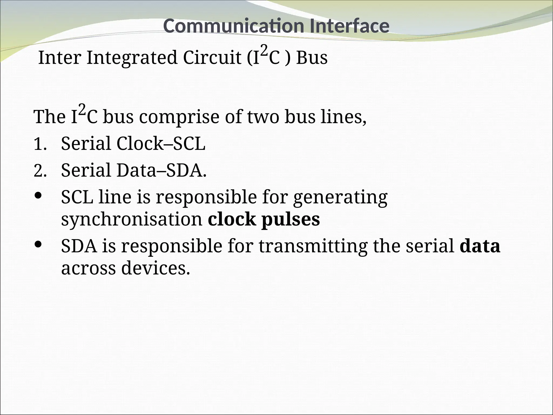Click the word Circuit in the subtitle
(212, 58)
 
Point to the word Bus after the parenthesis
(312, 58)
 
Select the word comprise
(179, 117)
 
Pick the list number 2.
(40, 171)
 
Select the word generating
(340, 198)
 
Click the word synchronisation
(132, 219)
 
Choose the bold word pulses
(291, 220)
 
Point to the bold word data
(480, 246)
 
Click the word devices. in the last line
(156, 268)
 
